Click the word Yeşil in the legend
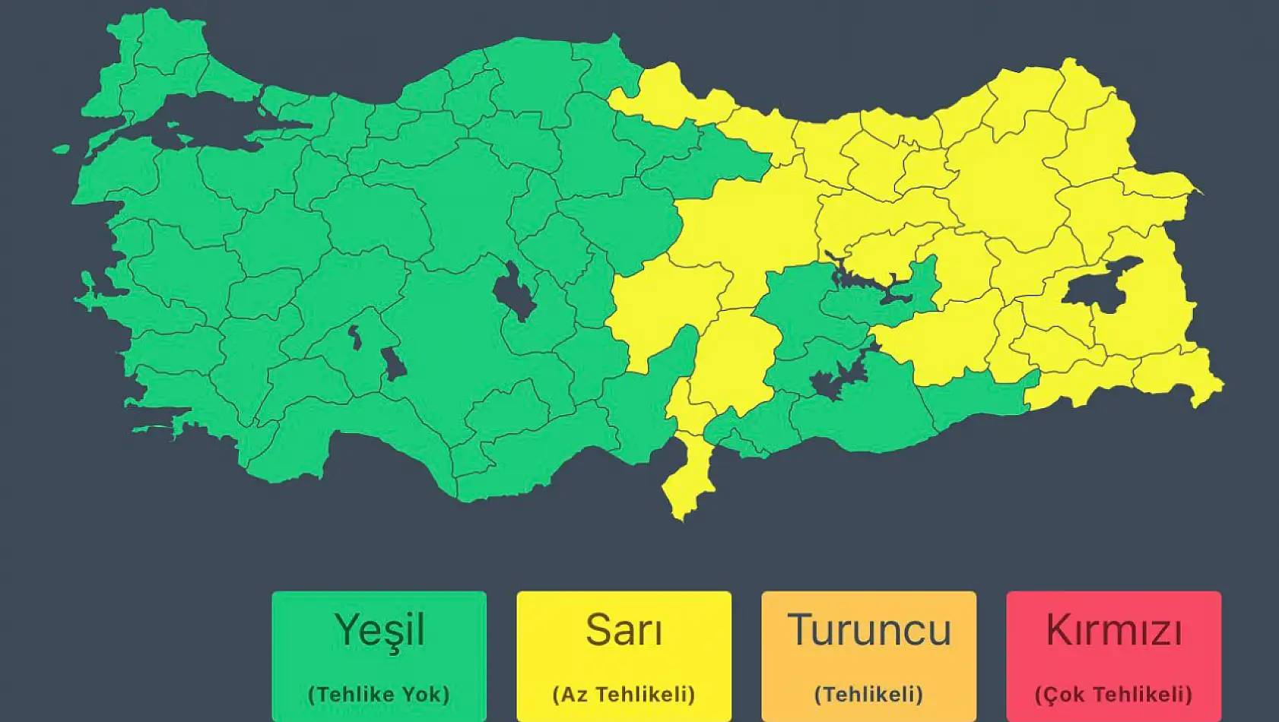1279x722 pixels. (379, 630)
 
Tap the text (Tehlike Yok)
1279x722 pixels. (379, 694)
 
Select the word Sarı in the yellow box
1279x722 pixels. (624, 630)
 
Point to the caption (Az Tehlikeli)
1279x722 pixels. (624, 694)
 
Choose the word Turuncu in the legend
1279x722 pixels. (868, 630)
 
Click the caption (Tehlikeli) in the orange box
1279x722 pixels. (868, 694)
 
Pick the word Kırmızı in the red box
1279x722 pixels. (1113, 630)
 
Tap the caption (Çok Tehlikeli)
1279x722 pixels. (1113, 694)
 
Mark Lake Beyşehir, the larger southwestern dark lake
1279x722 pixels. (393, 363)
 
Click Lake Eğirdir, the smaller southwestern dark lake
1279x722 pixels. (355, 337)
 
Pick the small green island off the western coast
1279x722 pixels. (61, 149)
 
